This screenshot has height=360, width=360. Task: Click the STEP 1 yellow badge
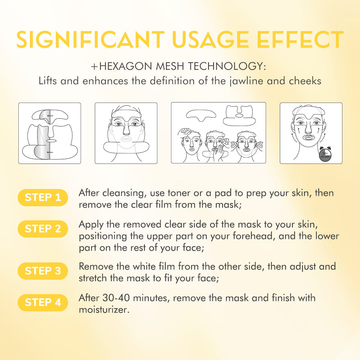[43, 197]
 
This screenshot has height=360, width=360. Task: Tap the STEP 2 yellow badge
[43, 229]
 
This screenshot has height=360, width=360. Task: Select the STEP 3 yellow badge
[43, 271]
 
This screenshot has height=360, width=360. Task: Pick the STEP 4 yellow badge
[43, 303]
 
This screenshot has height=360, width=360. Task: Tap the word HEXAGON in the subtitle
[126, 66]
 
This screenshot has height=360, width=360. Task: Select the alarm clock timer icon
[325, 153]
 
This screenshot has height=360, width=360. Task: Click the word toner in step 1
[179, 193]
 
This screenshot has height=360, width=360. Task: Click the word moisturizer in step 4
[104, 310]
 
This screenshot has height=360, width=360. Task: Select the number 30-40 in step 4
[116, 298]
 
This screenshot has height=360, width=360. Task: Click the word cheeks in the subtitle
[305, 81]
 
